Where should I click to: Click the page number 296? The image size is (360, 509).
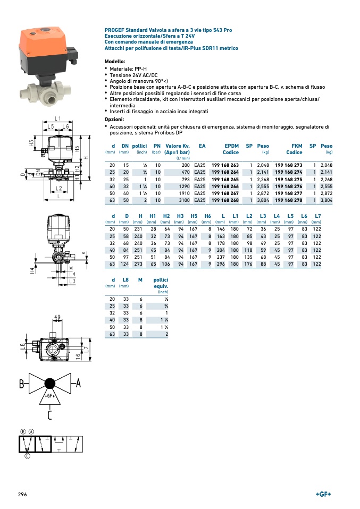click(x=22, y=494)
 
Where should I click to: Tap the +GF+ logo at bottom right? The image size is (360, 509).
click(x=323, y=494)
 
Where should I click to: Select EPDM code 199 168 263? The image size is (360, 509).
click(x=225, y=165)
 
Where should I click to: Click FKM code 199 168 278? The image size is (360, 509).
click(x=289, y=200)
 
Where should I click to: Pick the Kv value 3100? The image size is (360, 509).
click(x=182, y=200)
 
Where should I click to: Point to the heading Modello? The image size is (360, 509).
click(x=115, y=62)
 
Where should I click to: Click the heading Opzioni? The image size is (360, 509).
click(x=114, y=120)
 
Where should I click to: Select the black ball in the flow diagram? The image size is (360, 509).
click(x=50, y=384)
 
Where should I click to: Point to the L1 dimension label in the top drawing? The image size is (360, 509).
click(x=57, y=118)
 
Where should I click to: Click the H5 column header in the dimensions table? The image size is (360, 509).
click(x=194, y=215)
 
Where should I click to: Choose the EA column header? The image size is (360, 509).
click(x=202, y=146)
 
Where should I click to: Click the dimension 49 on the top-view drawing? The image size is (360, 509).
click(x=57, y=317)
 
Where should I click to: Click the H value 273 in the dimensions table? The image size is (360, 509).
click(x=139, y=264)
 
